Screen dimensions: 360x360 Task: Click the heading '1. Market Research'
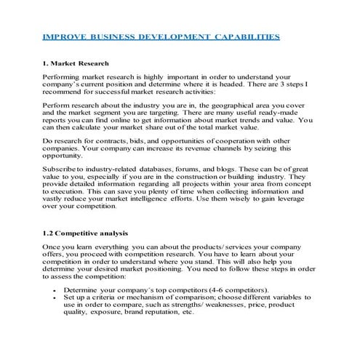point(76,63)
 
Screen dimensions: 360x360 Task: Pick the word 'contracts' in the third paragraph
point(116,140)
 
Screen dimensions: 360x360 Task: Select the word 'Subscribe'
point(61,169)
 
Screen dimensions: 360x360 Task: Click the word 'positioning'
point(172,268)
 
